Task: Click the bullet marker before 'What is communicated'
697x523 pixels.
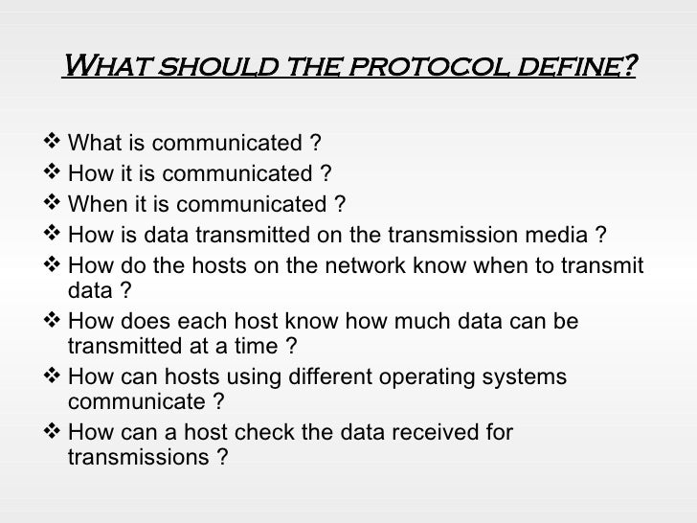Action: coord(52,144)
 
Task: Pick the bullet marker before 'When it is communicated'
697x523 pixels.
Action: coord(52,204)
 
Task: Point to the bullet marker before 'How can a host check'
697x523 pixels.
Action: coord(52,432)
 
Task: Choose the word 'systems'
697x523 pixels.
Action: coord(528,376)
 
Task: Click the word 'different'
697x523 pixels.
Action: coord(321,376)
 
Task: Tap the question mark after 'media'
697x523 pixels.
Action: coord(599,235)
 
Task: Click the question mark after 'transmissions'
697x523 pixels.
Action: coord(222,457)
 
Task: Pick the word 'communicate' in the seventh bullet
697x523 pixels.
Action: coord(128,401)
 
